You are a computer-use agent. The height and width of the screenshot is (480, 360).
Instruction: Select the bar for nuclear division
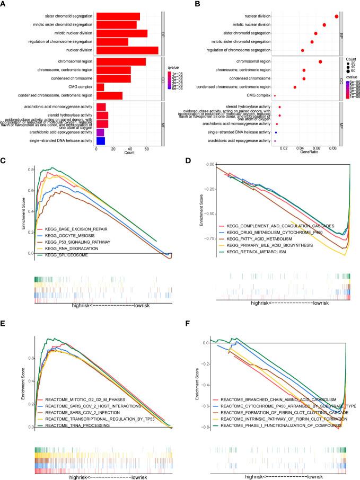tap(127, 50)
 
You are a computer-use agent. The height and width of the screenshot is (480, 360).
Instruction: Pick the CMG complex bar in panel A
tap(100, 86)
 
